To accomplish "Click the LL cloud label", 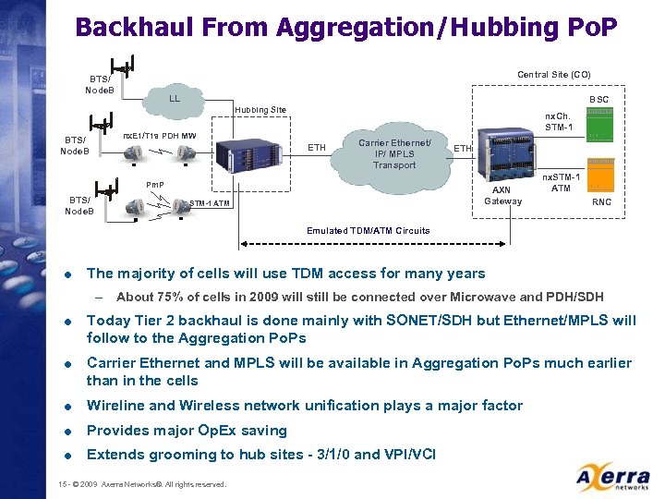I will pyautogui.click(x=174, y=97).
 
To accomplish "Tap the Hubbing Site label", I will pyautogui.click(x=260, y=110).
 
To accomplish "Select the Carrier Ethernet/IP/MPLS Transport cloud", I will pyautogui.click(x=394, y=153).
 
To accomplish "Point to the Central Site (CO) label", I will pyautogui.click(x=553, y=74).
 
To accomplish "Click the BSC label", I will pyautogui.click(x=598, y=99).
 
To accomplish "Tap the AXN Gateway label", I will pyautogui.click(x=503, y=195).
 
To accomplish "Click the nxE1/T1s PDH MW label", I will pyautogui.click(x=160, y=137).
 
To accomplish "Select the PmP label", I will pyautogui.click(x=155, y=184).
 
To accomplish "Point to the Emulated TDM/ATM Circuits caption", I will pyautogui.click(x=368, y=230).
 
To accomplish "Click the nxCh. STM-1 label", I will pyautogui.click(x=559, y=121).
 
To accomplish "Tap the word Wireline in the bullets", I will pyautogui.click(x=116, y=406).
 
